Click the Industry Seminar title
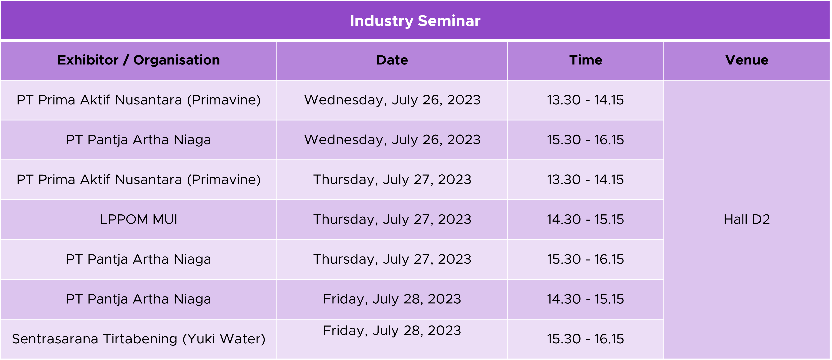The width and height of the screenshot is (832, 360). (x=415, y=21)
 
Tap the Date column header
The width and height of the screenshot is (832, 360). (x=392, y=60)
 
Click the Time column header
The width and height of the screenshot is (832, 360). (x=586, y=60)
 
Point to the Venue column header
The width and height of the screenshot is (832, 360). (x=747, y=60)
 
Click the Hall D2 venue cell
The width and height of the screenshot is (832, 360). (x=747, y=220)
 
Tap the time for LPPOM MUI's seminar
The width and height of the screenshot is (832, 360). (x=585, y=220)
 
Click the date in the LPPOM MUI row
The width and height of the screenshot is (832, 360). (x=392, y=220)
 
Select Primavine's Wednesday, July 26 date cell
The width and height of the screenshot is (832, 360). (x=392, y=100)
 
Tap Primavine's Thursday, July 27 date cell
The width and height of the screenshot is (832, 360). (x=392, y=180)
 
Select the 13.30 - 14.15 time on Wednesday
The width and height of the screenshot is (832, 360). (x=585, y=100)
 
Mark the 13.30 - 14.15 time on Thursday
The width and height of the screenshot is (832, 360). (x=585, y=180)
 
